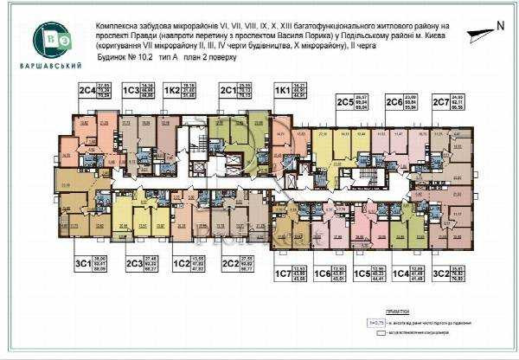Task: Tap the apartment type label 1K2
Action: click(x=173, y=90)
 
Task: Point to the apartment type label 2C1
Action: click(x=228, y=90)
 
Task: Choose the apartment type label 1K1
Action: click(x=281, y=90)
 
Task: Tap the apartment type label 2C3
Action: click(x=134, y=263)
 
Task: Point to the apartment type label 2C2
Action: click(x=230, y=263)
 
